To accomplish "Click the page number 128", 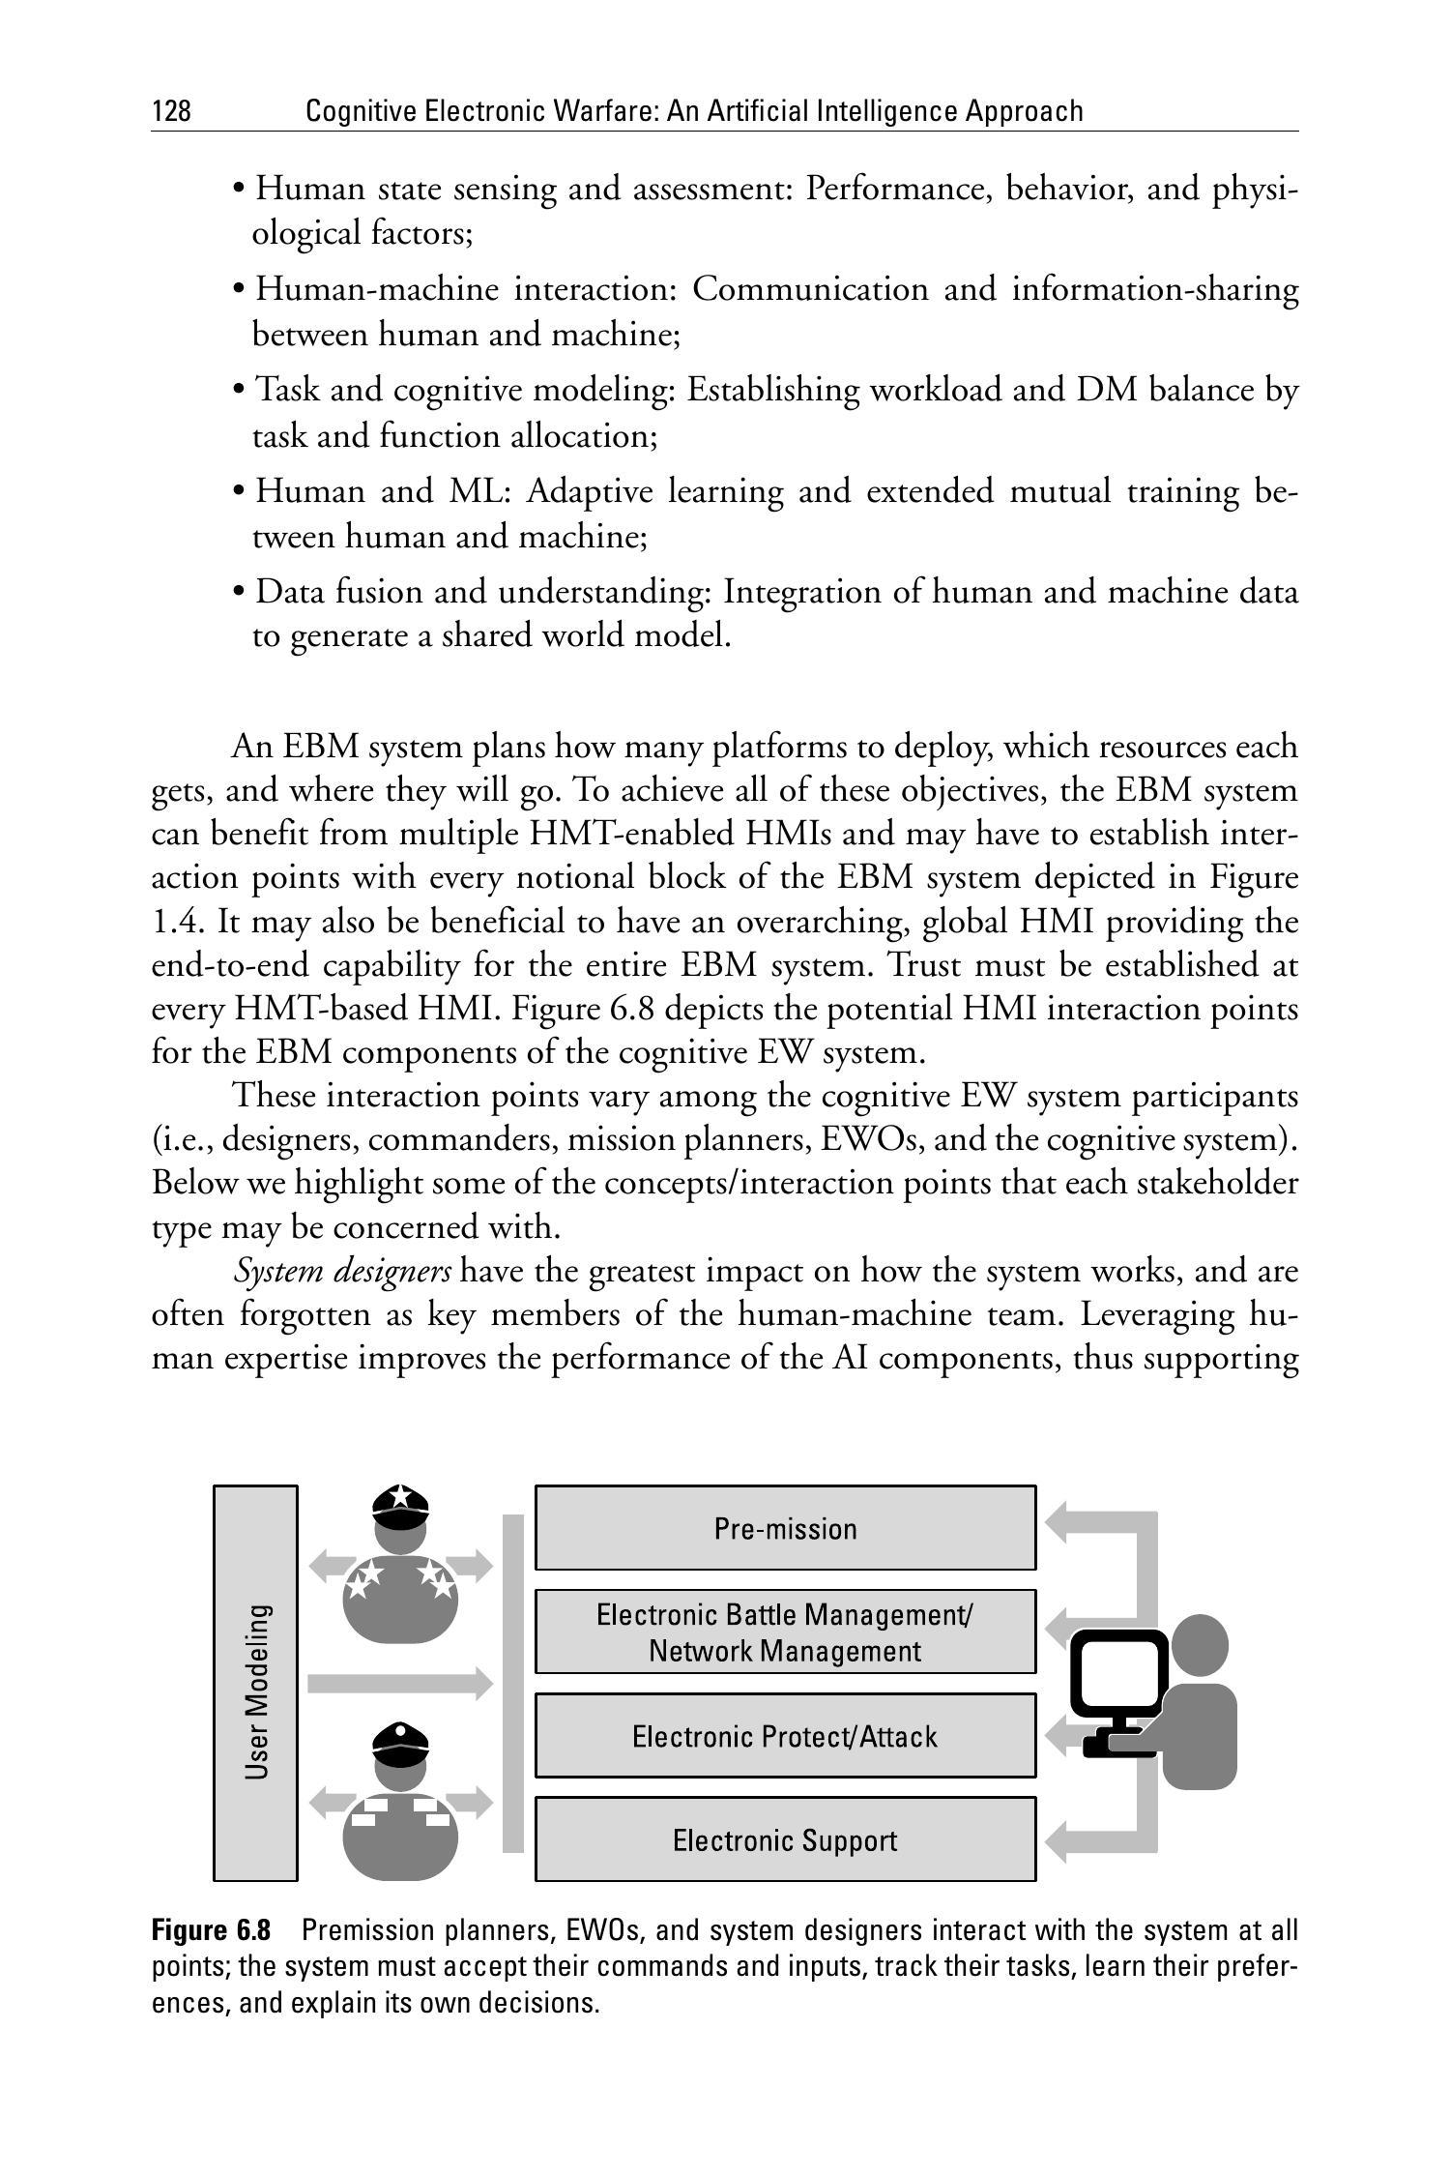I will coord(171,112).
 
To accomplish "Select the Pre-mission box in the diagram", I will coord(785,1528).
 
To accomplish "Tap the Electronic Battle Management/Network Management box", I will coord(785,1632).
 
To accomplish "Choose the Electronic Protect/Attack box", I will coord(785,1736).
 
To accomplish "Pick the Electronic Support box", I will coord(785,1839).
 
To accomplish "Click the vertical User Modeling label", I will coord(256,1691).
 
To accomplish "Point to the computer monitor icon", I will coord(1119,1670).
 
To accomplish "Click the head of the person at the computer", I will coord(1200,1644).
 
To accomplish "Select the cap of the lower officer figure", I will coord(400,1743).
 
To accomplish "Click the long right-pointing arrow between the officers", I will coord(399,1683).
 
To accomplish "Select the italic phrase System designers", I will coord(342,1271).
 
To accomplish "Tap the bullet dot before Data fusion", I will coord(239,592).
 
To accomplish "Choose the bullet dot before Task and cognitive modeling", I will coord(239,391).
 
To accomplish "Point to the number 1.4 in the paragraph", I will coord(177,922).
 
